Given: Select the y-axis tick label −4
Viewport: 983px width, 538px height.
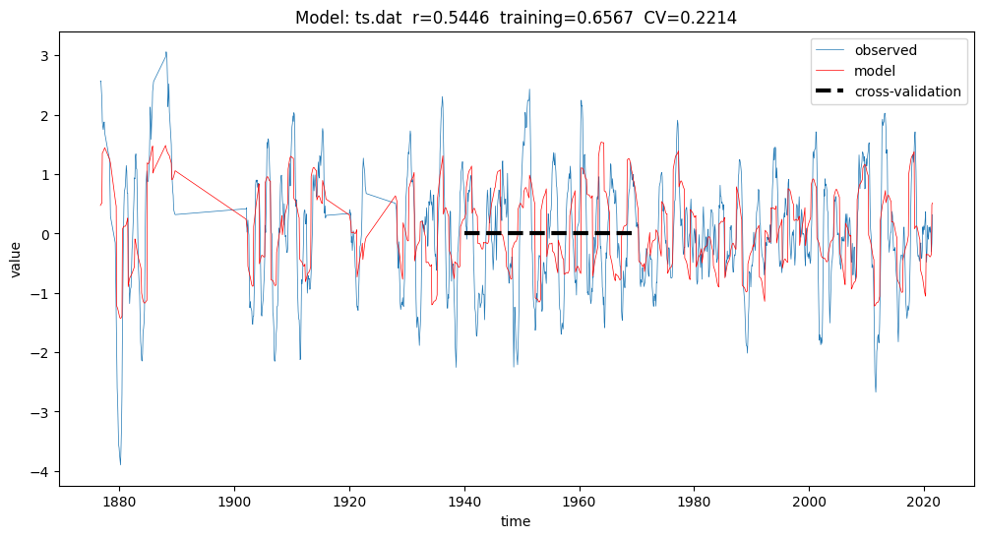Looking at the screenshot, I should [40, 472].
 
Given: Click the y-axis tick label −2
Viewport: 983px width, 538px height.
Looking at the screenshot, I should [40, 353].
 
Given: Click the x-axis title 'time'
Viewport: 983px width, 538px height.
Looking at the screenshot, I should [515, 521].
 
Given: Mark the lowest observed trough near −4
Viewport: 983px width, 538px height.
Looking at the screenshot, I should [120, 464].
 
